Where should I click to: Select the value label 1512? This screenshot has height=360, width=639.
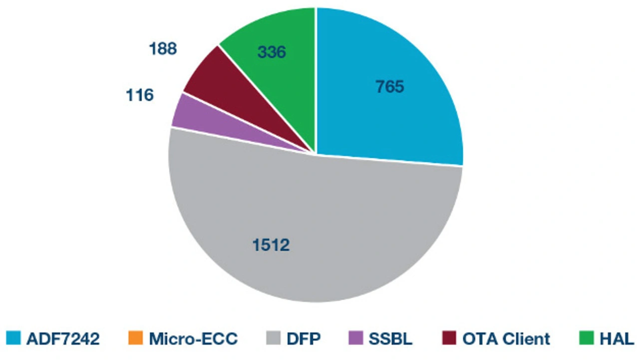(271, 245)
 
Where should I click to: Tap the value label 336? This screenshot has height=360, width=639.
(272, 52)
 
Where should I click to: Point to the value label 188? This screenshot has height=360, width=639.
(163, 49)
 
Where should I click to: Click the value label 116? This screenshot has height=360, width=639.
(140, 95)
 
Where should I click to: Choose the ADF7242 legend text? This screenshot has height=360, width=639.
(63, 339)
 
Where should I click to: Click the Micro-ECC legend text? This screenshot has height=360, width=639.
(193, 339)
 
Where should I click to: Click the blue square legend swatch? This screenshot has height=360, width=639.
(13, 338)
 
